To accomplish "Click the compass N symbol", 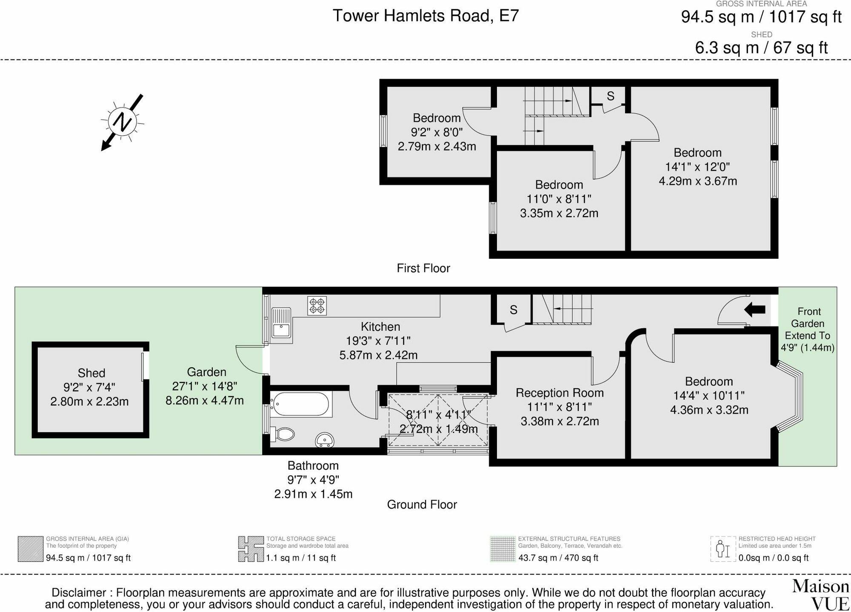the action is click(123, 122).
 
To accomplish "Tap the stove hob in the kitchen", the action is click(317, 306).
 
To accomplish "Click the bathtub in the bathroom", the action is click(301, 404).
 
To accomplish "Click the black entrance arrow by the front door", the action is click(754, 310).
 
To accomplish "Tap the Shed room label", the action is click(91, 373).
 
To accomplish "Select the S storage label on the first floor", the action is click(610, 96).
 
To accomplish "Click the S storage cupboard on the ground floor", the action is click(513, 310).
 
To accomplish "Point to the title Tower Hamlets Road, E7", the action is click(425, 16).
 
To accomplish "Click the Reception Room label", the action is click(560, 393).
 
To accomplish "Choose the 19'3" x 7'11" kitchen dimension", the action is click(378, 341).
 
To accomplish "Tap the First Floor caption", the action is click(423, 268).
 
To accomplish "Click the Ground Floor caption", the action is click(422, 505).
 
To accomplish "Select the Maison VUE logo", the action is click(820, 595).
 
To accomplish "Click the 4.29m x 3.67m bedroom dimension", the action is click(698, 181).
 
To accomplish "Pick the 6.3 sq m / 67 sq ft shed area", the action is click(761, 48).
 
